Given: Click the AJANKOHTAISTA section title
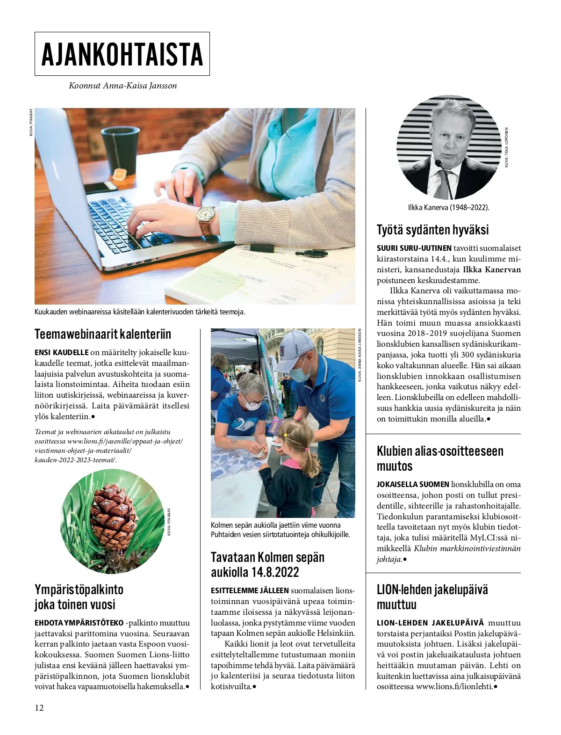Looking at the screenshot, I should (x=122, y=54).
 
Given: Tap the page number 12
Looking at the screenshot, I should (x=39, y=707).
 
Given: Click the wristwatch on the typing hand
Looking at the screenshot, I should (x=206, y=216).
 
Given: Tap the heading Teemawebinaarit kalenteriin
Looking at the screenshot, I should (x=103, y=334).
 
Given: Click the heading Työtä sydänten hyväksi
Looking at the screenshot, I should (x=432, y=230).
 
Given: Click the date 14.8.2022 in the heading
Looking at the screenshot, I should (x=272, y=572).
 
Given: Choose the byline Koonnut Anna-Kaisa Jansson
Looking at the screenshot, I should (x=122, y=86).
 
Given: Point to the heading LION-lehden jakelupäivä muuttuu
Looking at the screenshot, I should (x=432, y=597).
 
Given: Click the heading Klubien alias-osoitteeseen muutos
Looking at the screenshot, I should (x=440, y=458).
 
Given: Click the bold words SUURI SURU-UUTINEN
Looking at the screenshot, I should (x=414, y=248).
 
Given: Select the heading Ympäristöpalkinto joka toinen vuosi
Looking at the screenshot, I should (x=79, y=597).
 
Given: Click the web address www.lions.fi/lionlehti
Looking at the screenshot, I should (x=454, y=686).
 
